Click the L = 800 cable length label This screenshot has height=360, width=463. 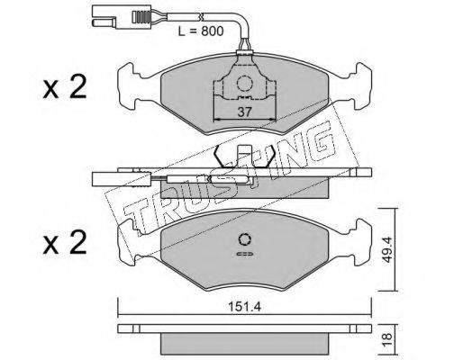tap(201, 31)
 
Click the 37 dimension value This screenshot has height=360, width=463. tap(244, 112)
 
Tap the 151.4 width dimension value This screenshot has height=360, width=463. tap(245, 307)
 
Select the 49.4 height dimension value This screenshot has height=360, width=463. tap(387, 249)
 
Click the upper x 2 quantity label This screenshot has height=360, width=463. tap(65, 87)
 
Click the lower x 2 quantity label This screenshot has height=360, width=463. tap(65, 243)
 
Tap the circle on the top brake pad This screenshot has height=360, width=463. tap(244, 83)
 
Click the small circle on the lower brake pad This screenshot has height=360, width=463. tap(245, 239)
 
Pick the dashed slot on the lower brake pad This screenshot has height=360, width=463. tap(245, 254)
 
